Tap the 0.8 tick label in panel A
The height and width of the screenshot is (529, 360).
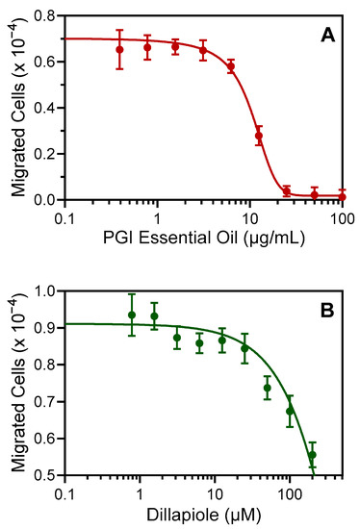pos(45,15)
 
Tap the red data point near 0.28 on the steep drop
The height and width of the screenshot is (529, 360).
pos(259,136)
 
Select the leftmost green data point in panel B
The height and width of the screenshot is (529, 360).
pos(132,315)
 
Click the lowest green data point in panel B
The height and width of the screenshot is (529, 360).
pos(312,455)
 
